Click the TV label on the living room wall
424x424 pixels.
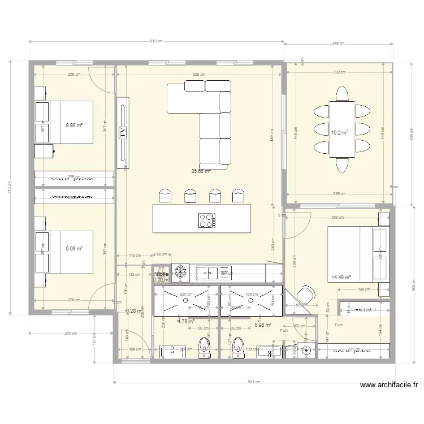(x=123, y=132)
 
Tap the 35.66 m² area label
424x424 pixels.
(x=201, y=171)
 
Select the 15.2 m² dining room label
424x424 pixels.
(x=339, y=133)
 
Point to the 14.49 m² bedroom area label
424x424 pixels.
(x=341, y=278)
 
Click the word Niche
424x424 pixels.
(x=161, y=274)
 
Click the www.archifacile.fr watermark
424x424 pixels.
(x=389, y=386)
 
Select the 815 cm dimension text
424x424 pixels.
(x=156, y=41)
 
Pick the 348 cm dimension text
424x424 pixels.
(x=339, y=44)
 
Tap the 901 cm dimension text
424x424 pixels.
(x=254, y=381)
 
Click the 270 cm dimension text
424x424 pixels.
(x=71, y=333)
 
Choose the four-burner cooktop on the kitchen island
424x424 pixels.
(x=206, y=219)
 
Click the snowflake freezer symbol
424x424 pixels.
(x=181, y=272)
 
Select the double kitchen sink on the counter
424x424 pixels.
(x=208, y=273)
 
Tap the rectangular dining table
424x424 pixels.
(x=343, y=129)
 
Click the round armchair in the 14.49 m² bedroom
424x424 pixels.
(x=306, y=295)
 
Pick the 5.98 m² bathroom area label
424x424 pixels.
(x=263, y=325)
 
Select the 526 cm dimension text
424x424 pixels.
(x=199, y=74)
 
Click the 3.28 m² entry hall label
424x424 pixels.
(x=134, y=310)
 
